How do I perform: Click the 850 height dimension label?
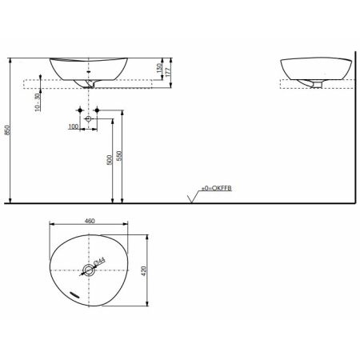pos(8,133)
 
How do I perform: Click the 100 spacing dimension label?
pos(74,126)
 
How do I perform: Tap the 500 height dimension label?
pos(110,161)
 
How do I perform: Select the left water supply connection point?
pos(81,109)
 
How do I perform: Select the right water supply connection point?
pos(98,109)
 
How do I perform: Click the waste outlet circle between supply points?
pos(89,118)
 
